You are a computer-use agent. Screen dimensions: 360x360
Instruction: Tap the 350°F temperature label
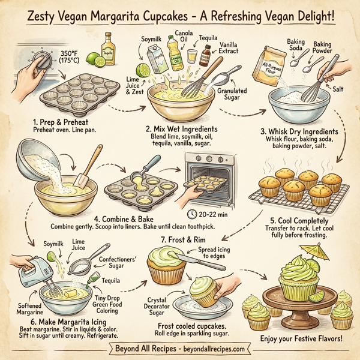(73, 58)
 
